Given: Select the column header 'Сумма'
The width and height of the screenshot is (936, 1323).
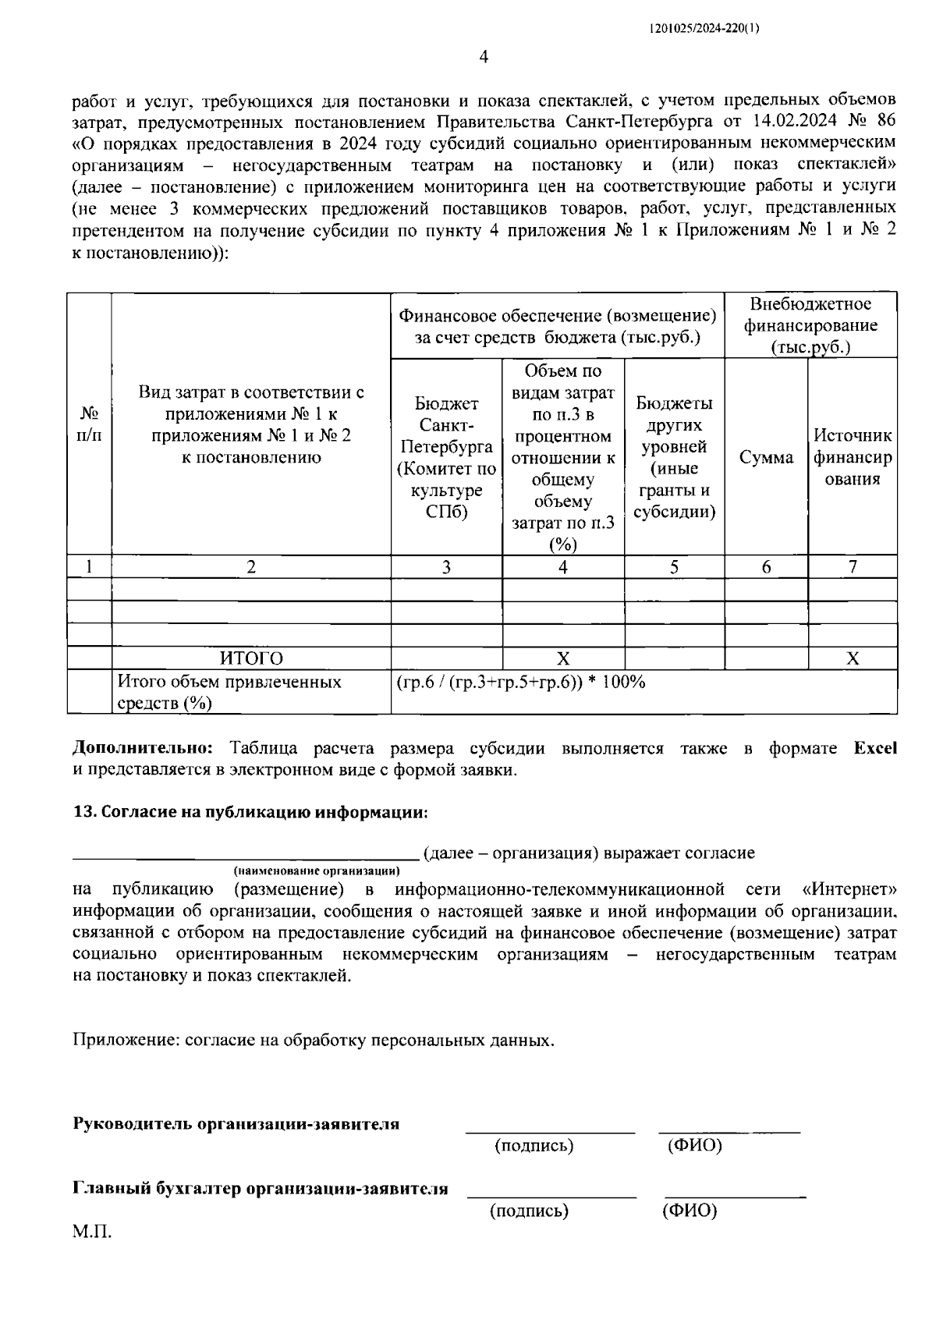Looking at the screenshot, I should click(x=766, y=458).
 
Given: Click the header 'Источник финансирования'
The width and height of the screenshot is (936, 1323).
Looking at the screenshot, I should click(x=853, y=457).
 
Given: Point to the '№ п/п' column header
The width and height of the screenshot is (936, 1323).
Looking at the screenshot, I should click(x=89, y=424).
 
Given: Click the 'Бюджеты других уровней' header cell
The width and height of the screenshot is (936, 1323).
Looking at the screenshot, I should click(x=675, y=457).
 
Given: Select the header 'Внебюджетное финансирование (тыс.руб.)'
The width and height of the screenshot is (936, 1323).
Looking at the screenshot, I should click(x=810, y=325).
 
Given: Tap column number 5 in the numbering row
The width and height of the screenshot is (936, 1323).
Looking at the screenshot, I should click(x=675, y=567).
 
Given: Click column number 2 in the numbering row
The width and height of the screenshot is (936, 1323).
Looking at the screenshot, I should click(x=251, y=567).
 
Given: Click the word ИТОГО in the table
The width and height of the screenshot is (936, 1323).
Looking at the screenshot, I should click(x=251, y=658).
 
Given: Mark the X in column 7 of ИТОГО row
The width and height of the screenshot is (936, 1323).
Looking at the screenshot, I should click(x=853, y=658).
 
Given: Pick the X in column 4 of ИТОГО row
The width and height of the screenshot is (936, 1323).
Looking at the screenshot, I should click(x=562, y=658).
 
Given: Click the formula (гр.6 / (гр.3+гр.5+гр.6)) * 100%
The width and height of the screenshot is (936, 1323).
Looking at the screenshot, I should click(x=521, y=682).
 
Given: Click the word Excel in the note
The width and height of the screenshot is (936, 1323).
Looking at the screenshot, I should click(x=875, y=749).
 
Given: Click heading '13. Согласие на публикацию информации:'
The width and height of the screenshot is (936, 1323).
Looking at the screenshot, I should click(x=250, y=812).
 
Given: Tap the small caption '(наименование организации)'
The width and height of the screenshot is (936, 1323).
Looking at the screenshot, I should click(x=316, y=870).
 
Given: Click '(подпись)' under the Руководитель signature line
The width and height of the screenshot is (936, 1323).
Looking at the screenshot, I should click(x=534, y=1146).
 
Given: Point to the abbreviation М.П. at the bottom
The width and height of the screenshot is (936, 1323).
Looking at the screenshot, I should click(x=93, y=1233).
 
